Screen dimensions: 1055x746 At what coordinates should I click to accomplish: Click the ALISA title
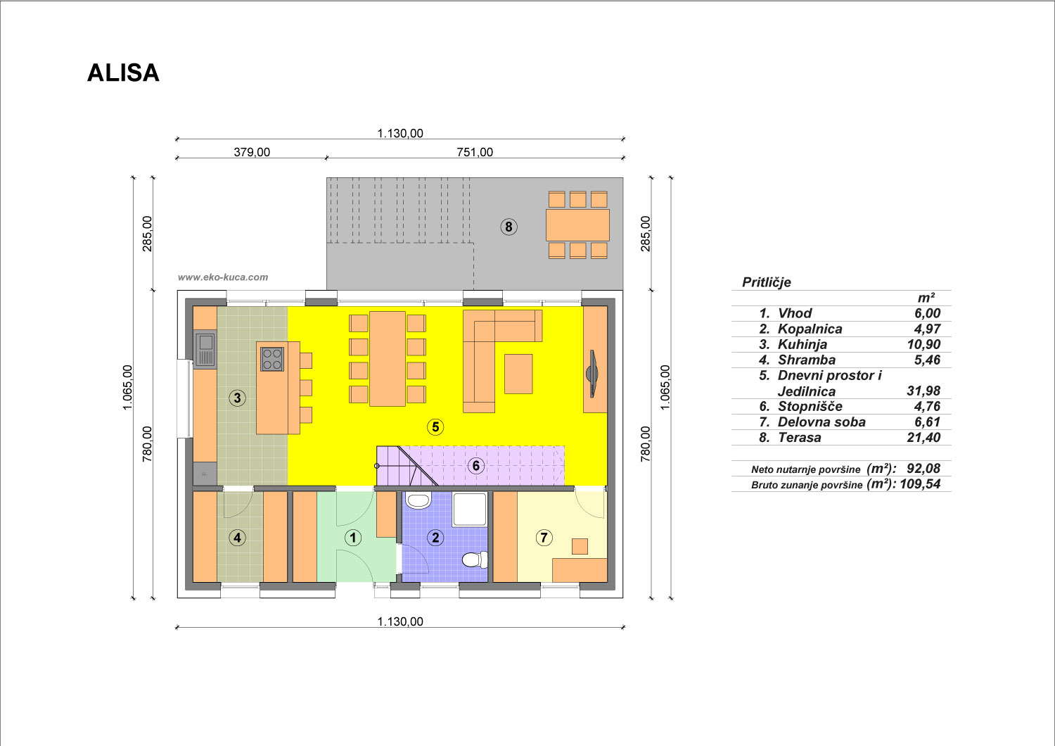(123, 73)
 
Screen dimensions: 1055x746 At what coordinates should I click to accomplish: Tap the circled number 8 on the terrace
(509, 227)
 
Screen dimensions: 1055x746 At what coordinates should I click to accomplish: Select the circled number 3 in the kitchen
(238, 398)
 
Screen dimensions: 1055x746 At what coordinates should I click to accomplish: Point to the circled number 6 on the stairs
(475, 466)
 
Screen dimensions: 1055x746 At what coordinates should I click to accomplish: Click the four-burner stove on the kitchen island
(272, 359)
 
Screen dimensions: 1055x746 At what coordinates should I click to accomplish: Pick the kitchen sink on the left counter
(206, 349)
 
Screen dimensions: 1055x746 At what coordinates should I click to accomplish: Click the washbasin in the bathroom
(418, 500)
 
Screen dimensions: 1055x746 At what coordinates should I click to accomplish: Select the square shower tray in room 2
(469, 510)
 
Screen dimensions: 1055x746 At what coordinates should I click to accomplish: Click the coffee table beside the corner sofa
(518, 374)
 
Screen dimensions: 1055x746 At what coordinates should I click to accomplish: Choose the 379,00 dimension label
(252, 152)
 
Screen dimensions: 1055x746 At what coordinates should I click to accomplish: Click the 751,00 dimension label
(475, 152)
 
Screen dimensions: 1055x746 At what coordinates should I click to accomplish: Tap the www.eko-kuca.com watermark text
(223, 277)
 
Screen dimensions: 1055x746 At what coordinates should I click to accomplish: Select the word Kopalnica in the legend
(810, 329)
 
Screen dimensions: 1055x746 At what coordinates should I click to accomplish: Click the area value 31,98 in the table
(923, 391)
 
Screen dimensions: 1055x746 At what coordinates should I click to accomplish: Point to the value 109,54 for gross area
(920, 484)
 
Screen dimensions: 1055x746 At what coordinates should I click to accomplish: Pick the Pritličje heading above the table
(767, 282)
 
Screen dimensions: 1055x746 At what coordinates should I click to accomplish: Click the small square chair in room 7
(580, 546)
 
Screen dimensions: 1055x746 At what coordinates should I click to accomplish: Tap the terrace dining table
(577, 225)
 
